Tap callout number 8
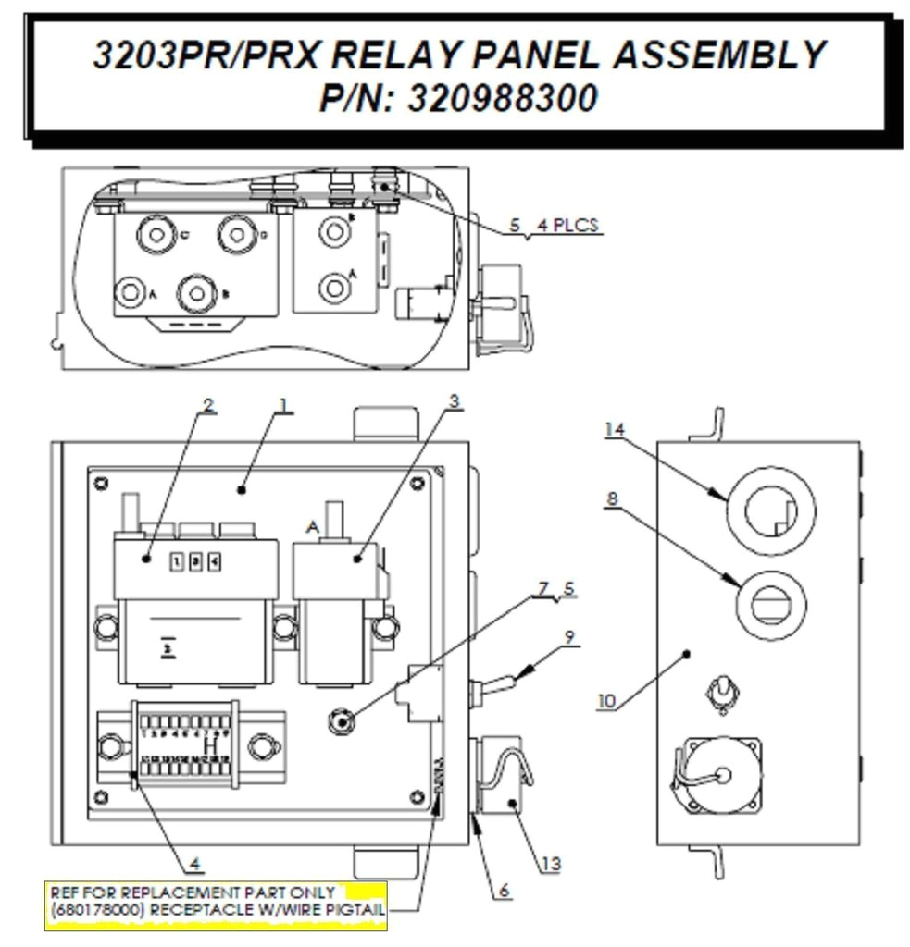click(x=611, y=498)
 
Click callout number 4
click(x=194, y=867)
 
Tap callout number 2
click(x=208, y=404)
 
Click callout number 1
click(x=284, y=404)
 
